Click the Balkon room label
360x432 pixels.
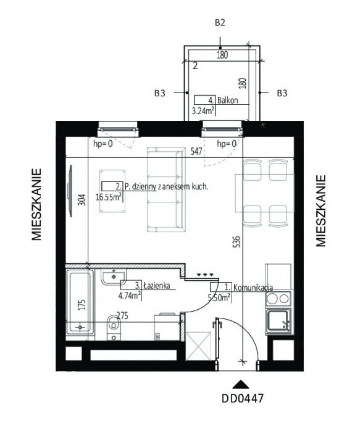227,100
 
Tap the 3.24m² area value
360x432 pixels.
203,110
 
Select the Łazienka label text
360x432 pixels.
156,286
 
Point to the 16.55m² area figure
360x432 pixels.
109,197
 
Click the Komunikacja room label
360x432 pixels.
253,288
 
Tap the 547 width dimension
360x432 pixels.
196,151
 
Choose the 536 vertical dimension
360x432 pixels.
237,241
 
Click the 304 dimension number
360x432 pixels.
82,200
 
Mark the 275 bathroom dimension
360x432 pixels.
122,315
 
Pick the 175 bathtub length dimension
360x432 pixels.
82,305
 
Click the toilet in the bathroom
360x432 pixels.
114,327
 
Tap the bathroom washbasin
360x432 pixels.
114,277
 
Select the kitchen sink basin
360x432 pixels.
278,322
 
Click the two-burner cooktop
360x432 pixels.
278,298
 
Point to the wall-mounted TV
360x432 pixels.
70,191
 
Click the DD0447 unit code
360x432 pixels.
243,399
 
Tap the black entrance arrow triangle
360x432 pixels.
241,384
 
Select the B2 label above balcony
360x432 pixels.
220,23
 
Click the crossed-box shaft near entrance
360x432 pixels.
198,347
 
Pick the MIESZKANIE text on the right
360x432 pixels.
320,211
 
